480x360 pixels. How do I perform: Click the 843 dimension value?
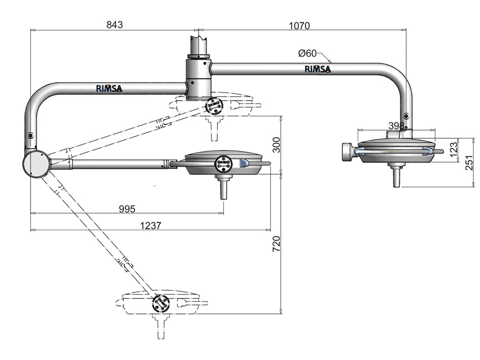click(114, 25)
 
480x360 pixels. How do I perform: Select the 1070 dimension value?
click(299, 25)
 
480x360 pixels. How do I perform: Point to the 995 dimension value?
click(127, 209)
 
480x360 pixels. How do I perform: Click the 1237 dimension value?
click(151, 226)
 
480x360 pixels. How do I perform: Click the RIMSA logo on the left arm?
click(109, 88)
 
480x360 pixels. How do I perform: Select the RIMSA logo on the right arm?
click(318, 69)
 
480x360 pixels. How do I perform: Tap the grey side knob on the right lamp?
click(347, 151)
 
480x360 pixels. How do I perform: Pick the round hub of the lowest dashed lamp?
click(160, 304)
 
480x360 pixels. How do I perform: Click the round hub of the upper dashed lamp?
click(214, 105)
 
